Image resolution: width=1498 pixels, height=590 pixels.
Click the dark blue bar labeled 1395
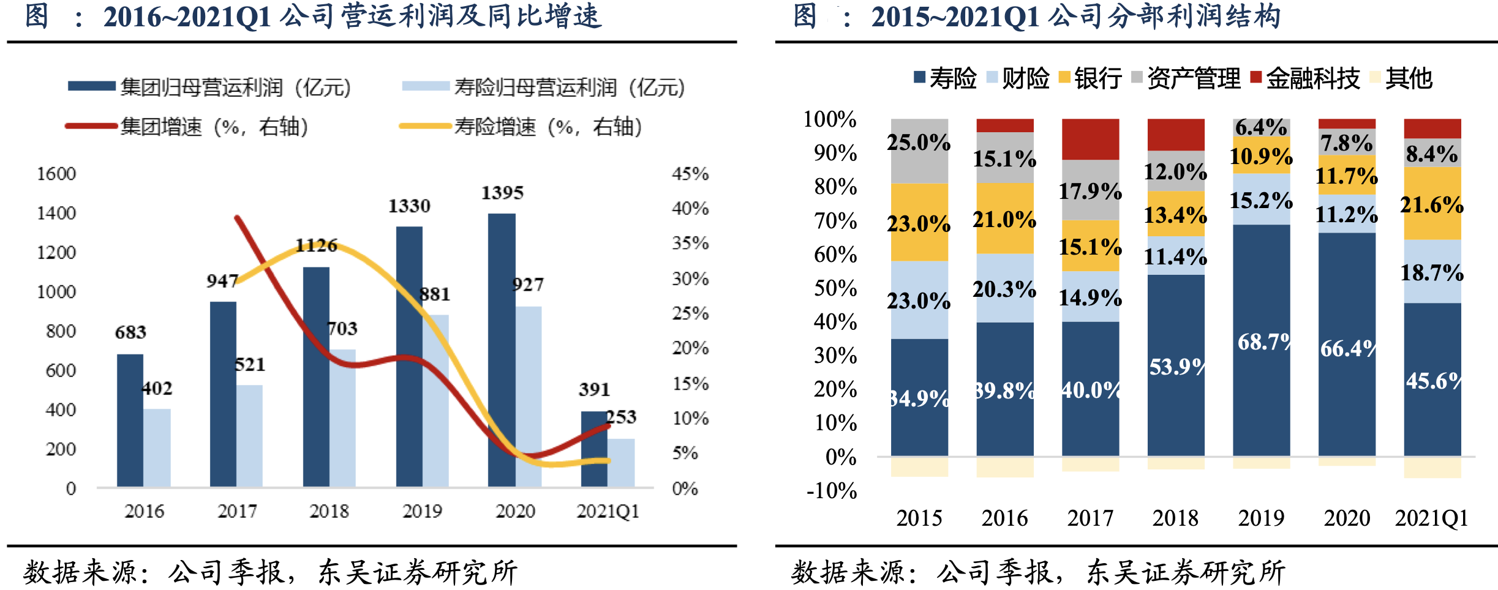pos(501,349)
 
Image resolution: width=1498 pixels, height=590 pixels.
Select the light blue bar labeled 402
pos(157,447)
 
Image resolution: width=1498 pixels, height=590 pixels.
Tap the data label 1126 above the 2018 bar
pos(316,245)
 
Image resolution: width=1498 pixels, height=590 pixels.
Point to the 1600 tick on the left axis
pos(56,174)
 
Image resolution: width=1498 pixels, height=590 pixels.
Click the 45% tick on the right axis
pos(690,174)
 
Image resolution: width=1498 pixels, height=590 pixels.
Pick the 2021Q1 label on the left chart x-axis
pos(608,511)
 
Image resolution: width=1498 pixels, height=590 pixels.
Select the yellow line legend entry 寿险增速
pos(520,127)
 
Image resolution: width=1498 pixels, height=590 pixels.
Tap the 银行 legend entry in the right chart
pos(1090,78)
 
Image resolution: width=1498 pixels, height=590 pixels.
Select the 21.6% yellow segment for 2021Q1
pos(1432,203)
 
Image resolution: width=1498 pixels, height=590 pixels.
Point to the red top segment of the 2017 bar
pos(1090,139)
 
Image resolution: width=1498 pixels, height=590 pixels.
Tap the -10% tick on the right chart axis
pos(832,491)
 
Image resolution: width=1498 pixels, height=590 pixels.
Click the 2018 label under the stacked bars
pos(1175,518)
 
